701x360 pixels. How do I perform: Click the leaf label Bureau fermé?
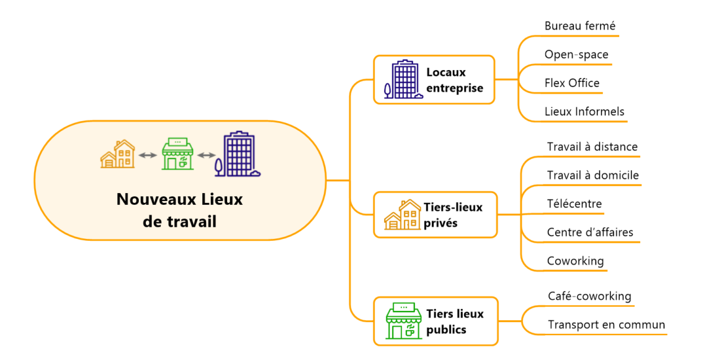(x=579, y=26)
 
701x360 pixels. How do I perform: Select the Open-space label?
(x=576, y=55)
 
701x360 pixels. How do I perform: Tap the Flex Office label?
(x=572, y=83)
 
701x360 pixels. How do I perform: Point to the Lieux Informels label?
(x=584, y=112)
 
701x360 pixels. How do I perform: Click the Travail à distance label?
(x=592, y=147)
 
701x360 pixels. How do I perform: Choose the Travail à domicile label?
(x=592, y=176)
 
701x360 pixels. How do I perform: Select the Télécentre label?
(x=574, y=204)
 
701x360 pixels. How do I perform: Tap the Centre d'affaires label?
(x=590, y=233)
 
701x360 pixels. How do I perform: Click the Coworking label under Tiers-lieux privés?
(x=575, y=261)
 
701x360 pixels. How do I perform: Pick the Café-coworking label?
(x=589, y=297)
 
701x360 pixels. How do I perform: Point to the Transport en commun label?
(x=606, y=325)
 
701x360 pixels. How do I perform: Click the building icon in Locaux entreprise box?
(x=404, y=79)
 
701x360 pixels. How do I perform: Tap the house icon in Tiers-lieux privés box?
(x=402, y=215)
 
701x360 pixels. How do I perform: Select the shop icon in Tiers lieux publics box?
(x=404, y=321)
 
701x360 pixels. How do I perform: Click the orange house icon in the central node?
(x=118, y=154)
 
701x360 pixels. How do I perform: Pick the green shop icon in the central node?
(x=177, y=154)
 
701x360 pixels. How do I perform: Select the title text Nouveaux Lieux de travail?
(x=179, y=210)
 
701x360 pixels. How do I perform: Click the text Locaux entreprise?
(x=454, y=80)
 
